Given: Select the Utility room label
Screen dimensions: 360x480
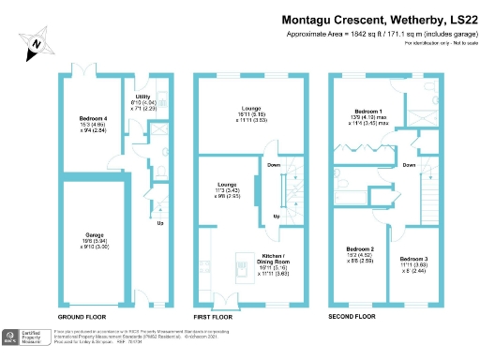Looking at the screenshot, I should tap(142, 97).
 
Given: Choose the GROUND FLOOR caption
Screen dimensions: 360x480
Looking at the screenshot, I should tap(87, 317).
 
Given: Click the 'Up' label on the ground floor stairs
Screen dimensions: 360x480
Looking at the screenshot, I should tap(159, 223).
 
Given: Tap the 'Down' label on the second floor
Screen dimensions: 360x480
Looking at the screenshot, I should tap(409, 164).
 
